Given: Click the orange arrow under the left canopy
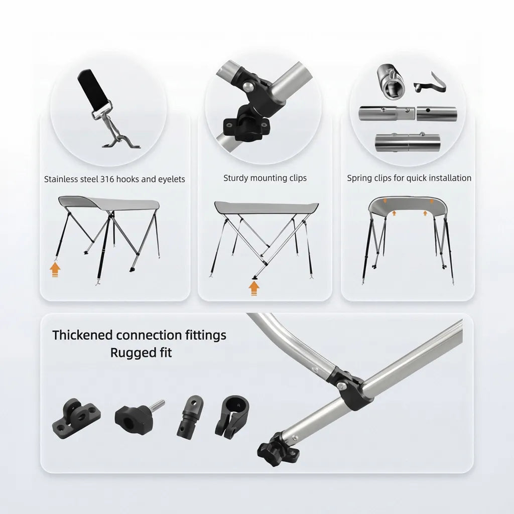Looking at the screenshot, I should (55, 270).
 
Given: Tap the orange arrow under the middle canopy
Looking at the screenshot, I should (254, 287).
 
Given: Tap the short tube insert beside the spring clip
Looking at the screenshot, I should (391, 80).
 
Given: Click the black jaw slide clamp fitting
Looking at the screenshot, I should (231, 416).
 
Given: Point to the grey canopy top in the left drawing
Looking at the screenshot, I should (108, 203).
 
